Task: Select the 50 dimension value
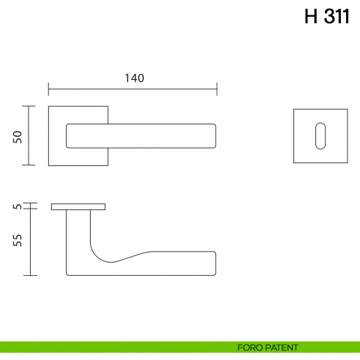point(18,136)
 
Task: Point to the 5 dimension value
point(18,207)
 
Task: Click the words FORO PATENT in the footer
point(268,348)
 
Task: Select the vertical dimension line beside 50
point(29,135)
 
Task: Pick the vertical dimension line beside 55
point(29,242)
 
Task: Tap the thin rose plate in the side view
point(78,207)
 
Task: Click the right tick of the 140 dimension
point(217,90)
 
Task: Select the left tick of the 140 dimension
point(48,90)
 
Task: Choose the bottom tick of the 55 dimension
point(29,275)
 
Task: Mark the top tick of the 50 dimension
point(29,106)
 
